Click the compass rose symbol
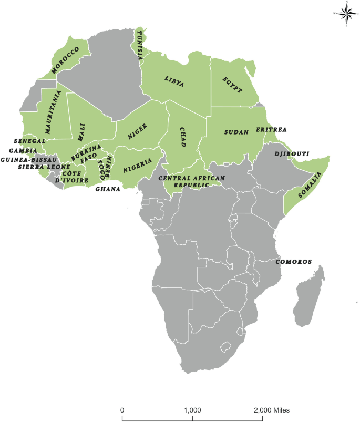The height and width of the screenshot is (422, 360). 346,14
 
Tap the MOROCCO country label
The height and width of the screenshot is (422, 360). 66,59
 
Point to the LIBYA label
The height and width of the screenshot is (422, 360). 174,81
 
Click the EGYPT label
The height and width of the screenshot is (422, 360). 232,84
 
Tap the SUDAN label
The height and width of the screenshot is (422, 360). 236,132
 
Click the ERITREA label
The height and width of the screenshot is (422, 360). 271,129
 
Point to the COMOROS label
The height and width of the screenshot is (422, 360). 294,261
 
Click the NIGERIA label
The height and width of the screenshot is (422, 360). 138,166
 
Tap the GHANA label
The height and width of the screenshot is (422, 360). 107,189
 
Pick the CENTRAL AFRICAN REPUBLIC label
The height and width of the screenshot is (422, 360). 192,182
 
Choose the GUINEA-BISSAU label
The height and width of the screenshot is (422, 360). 28,159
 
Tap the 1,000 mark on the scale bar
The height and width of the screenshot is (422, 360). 192,410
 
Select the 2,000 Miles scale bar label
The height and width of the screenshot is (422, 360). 272,410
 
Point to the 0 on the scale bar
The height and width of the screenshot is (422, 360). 122,410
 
